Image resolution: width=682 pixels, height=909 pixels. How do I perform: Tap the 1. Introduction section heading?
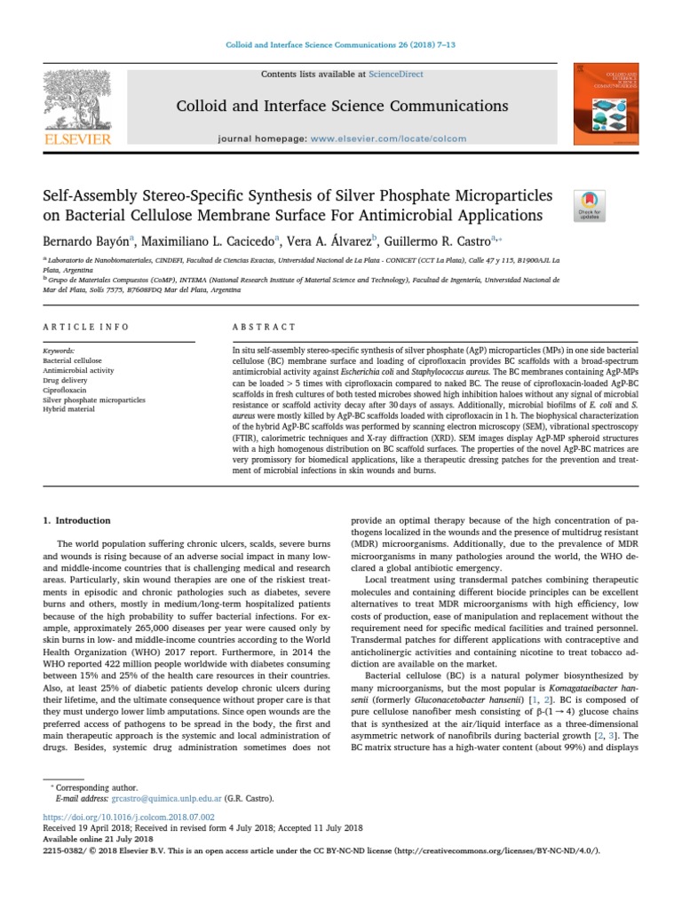tap(77, 520)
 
